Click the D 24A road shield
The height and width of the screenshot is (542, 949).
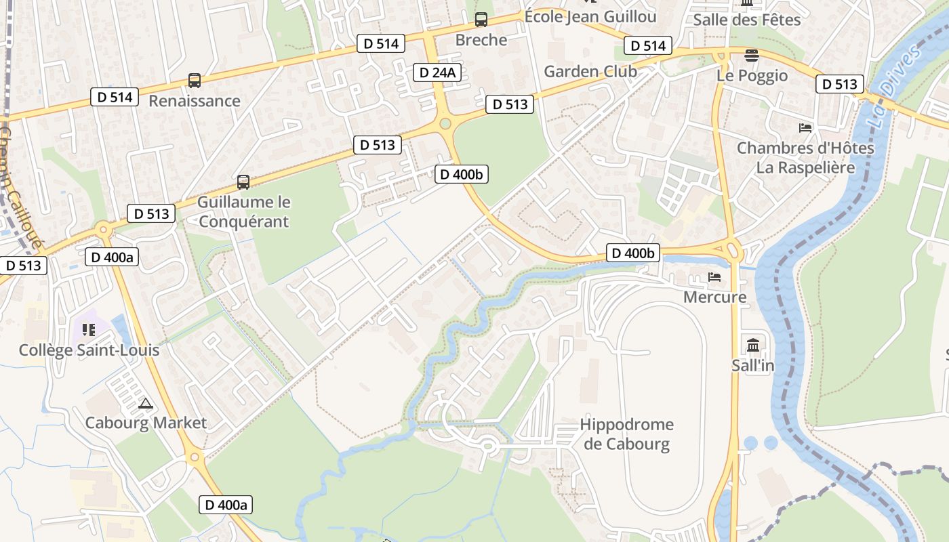point(437,72)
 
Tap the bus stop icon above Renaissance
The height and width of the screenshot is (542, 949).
point(195,81)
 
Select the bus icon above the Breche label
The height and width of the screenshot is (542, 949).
point(481,20)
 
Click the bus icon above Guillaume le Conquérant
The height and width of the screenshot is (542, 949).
point(243,182)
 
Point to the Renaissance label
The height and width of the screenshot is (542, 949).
point(195,101)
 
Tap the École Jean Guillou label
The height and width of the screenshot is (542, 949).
point(590,16)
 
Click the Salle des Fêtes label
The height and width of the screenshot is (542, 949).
point(747,20)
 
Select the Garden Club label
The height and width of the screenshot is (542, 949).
point(590,71)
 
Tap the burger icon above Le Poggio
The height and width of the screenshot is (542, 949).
point(751,55)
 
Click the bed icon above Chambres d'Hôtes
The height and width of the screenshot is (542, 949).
point(805,127)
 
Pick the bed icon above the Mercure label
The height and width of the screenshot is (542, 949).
point(714,276)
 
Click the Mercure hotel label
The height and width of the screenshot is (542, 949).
point(714,297)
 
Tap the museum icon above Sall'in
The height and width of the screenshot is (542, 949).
point(752,346)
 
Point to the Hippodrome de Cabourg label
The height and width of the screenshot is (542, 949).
point(626,434)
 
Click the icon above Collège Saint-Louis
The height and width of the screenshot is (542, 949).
point(89,330)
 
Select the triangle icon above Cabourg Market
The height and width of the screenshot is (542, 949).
point(145,404)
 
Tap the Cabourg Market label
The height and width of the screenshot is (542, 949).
point(146,423)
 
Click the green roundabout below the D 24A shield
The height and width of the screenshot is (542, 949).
point(445,123)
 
